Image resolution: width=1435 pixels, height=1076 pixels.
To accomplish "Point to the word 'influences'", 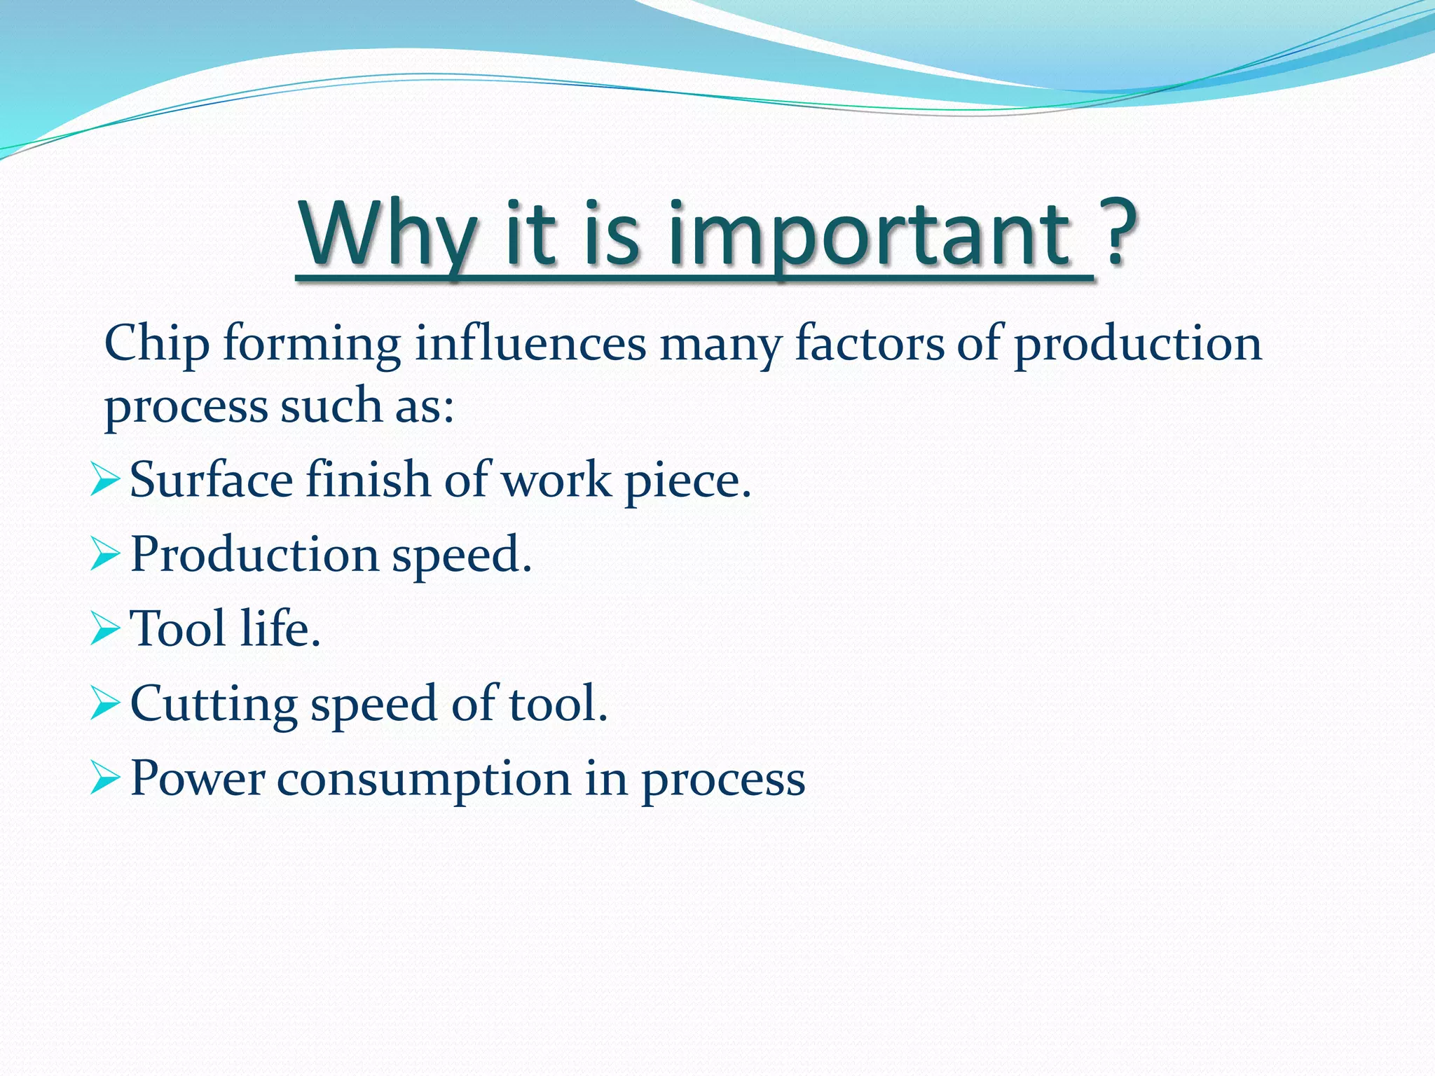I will coord(530,344).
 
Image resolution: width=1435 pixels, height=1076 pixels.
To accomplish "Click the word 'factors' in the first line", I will coord(870,344).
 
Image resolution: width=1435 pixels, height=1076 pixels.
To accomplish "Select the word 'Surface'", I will coord(211,481).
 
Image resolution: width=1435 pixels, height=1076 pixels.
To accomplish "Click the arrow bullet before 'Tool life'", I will coord(105,628).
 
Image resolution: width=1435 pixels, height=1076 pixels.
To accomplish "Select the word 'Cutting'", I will coord(213,705).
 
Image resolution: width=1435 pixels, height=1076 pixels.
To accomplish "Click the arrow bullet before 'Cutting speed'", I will coord(105,703).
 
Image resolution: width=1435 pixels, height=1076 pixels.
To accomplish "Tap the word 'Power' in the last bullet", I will coord(198,779).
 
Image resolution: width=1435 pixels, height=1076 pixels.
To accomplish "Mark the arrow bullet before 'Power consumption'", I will coord(105,778).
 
